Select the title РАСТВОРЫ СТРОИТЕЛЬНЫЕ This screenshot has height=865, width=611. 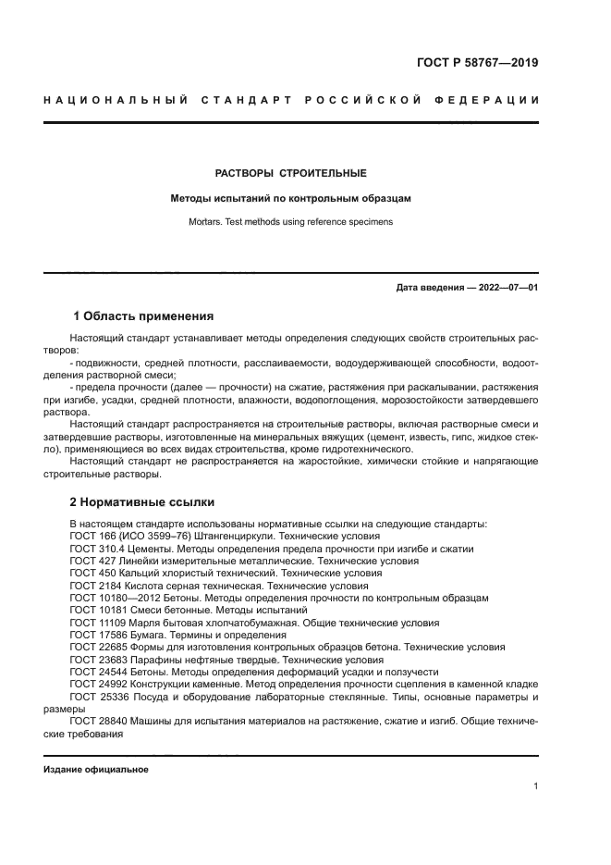point(291,173)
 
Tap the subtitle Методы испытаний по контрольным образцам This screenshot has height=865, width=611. point(291,198)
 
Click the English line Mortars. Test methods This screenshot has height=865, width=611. point(291,222)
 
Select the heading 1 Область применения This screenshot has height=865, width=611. point(143,315)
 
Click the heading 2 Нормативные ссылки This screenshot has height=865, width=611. point(143,502)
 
